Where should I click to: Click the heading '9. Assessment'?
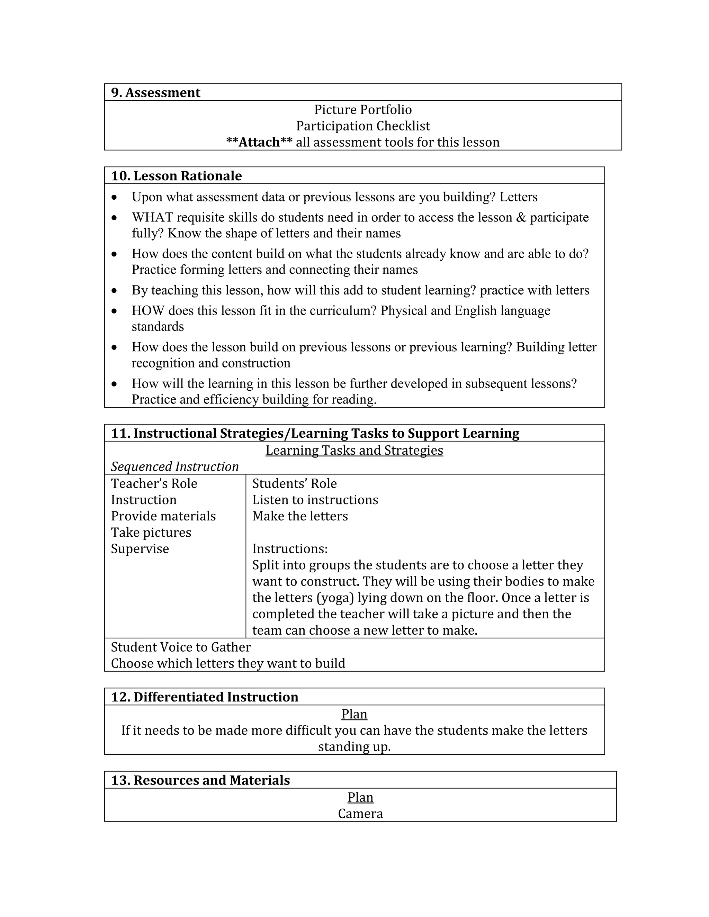pos(155,92)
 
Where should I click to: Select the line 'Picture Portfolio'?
pos(363,110)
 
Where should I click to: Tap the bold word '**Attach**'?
pos(259,142)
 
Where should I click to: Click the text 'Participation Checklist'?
pos(363,126)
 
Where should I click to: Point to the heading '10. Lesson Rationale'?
pos(177,175)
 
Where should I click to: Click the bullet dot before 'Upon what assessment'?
pos(114,197)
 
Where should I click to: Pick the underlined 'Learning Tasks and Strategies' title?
pos(354,450)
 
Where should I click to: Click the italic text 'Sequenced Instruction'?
pos(175,466)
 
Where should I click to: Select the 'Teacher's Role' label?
pos(154,483)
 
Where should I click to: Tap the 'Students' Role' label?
pos(295,483)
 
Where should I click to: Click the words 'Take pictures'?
pos(151,533)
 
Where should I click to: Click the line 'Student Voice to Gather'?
pos(181,647)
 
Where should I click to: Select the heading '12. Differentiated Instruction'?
pos(205,697)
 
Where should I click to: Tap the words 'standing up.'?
pos(354,746)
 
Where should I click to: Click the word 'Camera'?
pos(360,813)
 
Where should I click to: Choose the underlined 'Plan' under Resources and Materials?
pos(360,797)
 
